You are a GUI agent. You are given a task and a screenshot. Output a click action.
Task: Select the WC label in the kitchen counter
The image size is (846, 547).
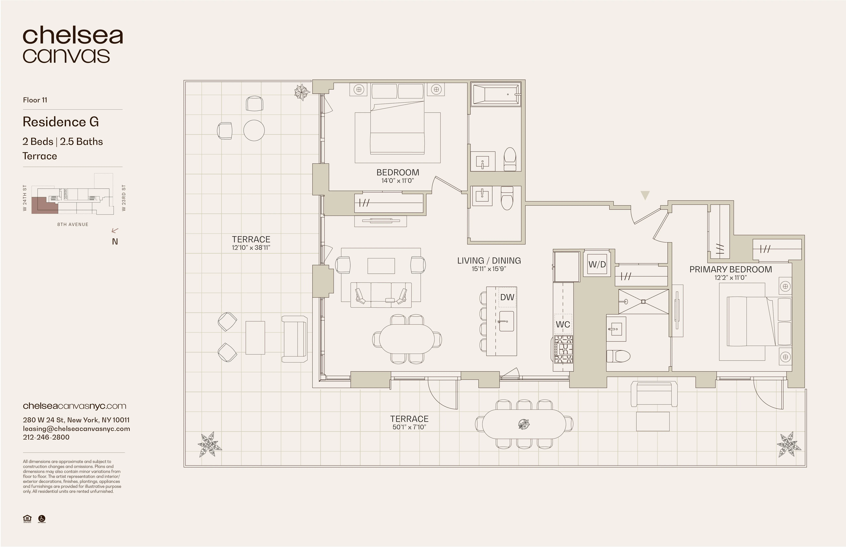563,324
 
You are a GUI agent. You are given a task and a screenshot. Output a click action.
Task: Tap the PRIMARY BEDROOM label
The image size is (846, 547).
731,270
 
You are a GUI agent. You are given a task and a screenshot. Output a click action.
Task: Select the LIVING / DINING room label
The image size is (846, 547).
489,261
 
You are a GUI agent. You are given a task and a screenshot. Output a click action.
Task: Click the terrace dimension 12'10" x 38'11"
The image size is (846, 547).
251,248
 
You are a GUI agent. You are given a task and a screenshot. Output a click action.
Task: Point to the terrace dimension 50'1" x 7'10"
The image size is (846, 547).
409,427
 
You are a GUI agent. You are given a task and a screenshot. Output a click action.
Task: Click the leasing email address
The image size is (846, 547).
76,429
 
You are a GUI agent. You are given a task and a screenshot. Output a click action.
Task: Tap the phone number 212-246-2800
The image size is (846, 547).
46,437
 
